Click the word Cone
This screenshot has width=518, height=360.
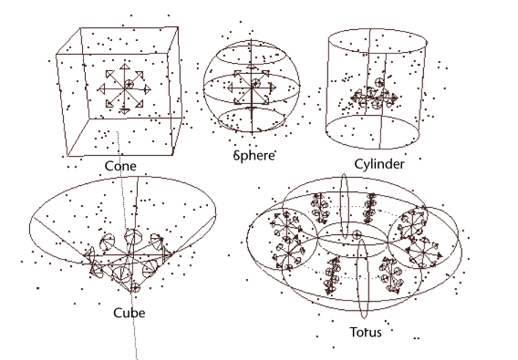[x=120, y=166]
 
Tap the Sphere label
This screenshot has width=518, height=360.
[x=254, y=155]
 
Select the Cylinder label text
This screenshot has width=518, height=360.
[x=379, y=164]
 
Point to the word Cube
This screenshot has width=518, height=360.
[x=129, y=313]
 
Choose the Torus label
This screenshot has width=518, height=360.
[x=366, y=332]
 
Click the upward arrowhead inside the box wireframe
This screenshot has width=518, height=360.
[x=124, y=67]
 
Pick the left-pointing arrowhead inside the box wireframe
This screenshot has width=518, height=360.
[x=101, y=88]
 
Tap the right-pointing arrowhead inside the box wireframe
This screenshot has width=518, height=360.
[x=148, y=88]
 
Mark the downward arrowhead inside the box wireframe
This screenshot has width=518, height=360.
[x=124, y=111]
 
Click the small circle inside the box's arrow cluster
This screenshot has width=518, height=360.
[x=129, y=84]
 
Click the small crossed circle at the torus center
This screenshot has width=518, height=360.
[x=357, y=235]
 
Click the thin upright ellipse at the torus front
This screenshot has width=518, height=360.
[x=358, y=279]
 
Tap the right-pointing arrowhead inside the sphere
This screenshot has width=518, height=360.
[x=273, y=87]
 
